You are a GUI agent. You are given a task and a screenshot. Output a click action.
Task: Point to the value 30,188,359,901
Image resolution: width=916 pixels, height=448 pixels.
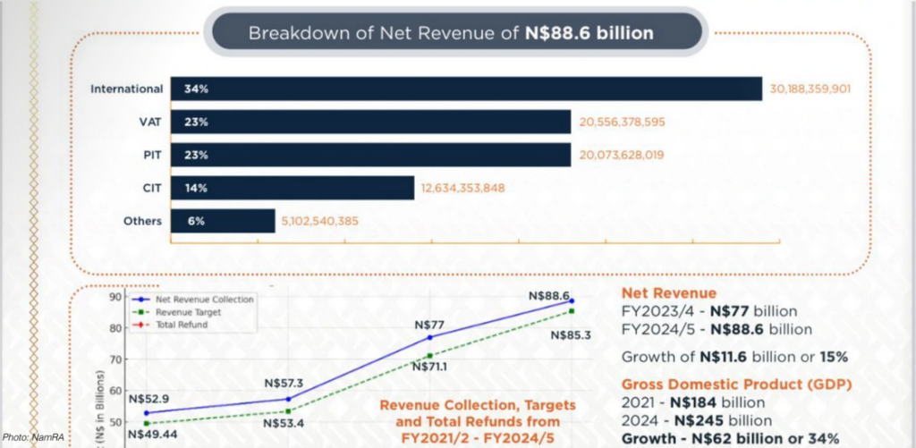pyautogui.click(x=818, y=89)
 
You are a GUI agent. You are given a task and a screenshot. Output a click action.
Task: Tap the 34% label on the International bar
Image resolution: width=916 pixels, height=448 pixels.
pyautogui.click(x=197, y=89)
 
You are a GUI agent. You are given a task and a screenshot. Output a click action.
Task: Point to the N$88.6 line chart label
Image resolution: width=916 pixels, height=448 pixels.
pyautogui.click(x=548, y=296)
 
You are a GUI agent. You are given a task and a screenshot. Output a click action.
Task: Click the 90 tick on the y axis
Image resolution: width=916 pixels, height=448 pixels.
pyautogui.click(x=114, y=298)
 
